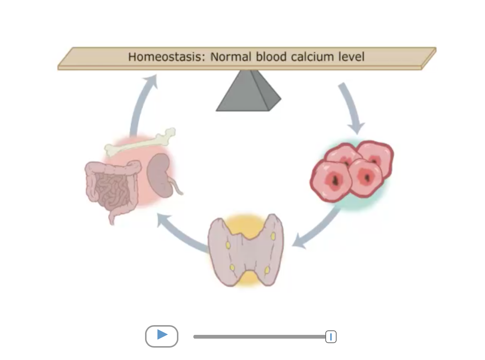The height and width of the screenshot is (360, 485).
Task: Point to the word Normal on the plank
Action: tap(231, 57)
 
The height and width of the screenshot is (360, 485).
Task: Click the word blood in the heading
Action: tap(271, 57)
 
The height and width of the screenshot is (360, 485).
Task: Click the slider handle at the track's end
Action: tap(331, 337)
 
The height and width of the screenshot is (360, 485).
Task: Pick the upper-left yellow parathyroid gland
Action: tap(228, 245)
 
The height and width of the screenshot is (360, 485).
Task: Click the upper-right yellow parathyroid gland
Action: tap(273, 236)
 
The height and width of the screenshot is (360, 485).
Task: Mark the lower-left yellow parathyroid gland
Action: tap(232, 268)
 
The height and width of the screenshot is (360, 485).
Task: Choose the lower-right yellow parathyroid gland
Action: tap(267, 270)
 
